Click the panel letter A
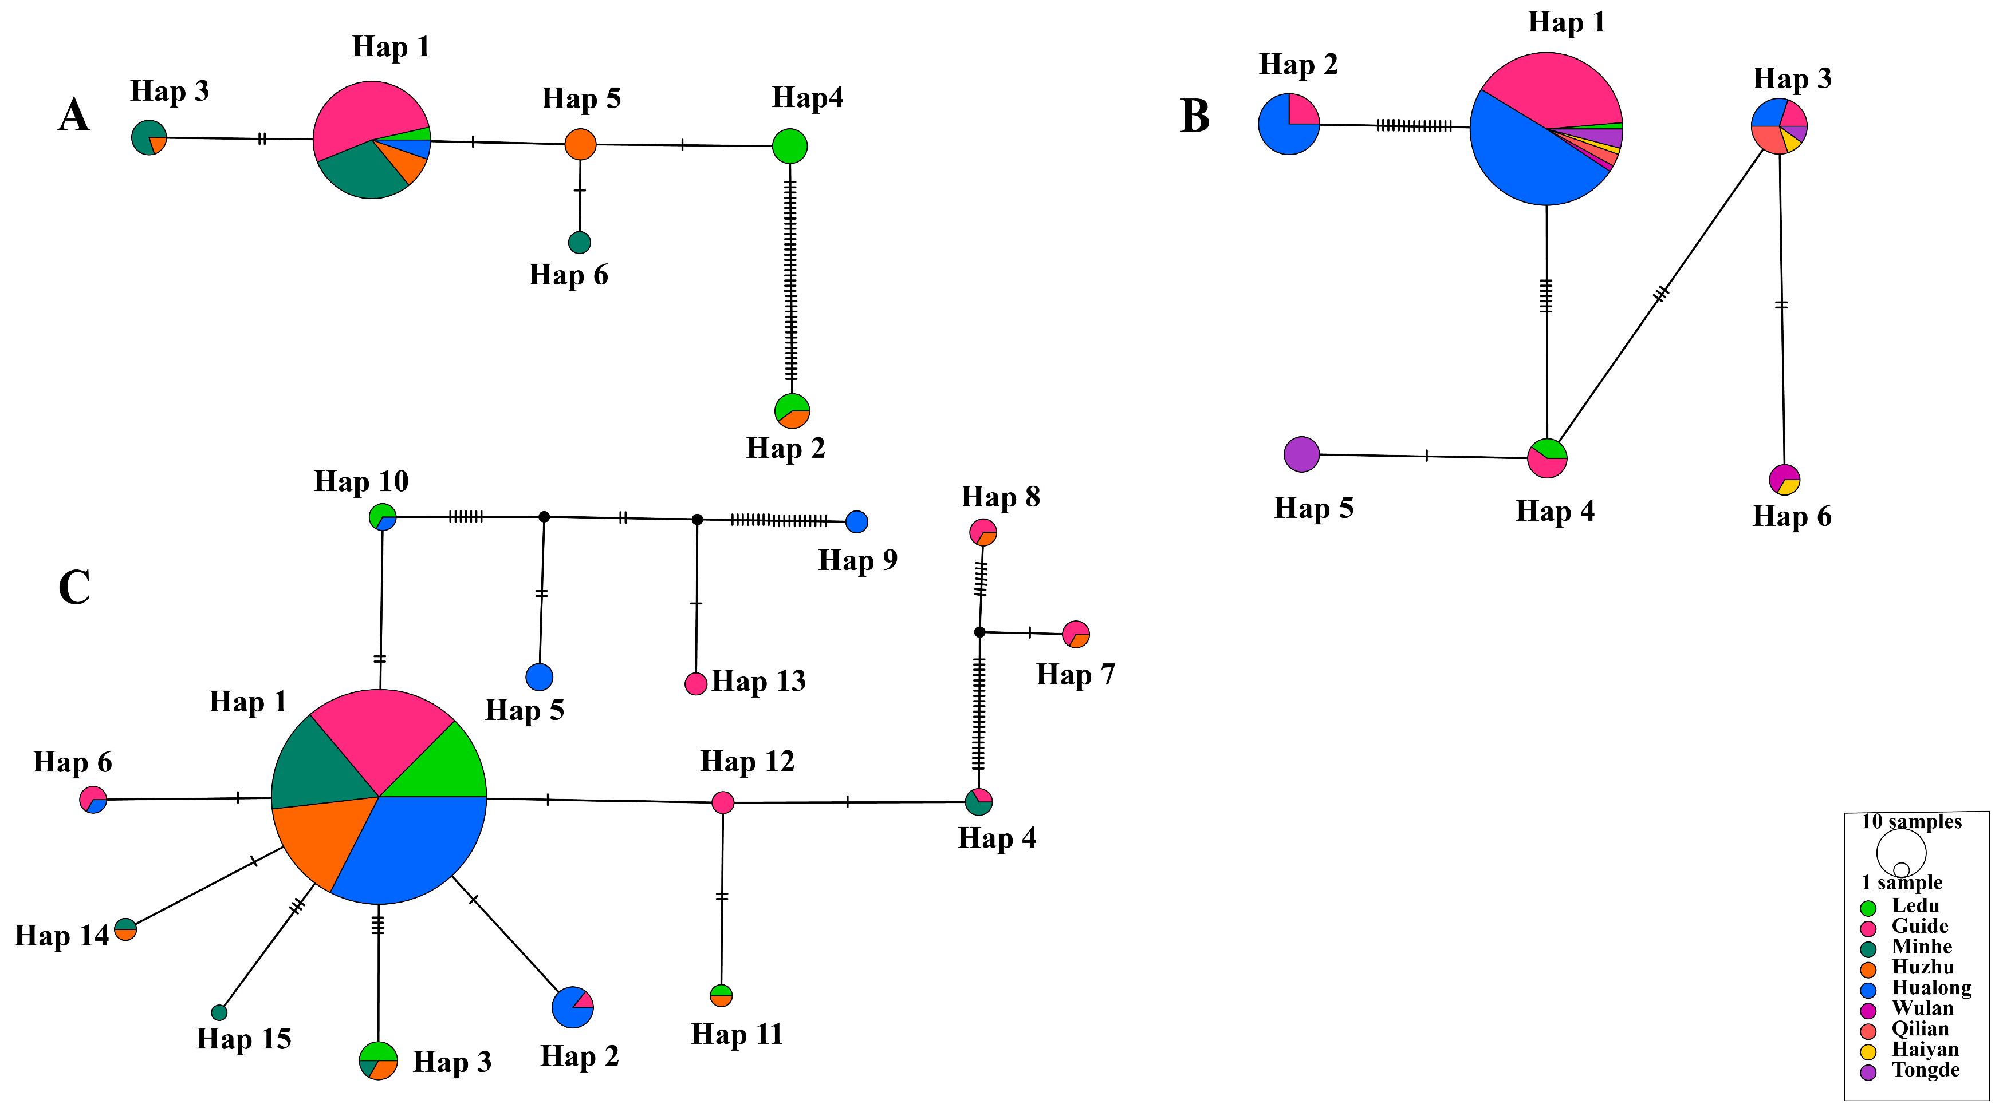[74, 116]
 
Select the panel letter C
[74, 588]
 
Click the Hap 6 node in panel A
[579, 243]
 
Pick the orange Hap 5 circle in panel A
[580, 144]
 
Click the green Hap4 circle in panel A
[789, 146]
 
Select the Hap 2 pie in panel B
[1288, 124]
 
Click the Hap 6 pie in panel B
[1784, 480]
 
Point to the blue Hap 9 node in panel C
[856, 521]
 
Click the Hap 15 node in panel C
[219, 1012]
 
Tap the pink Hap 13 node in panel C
[695, 684]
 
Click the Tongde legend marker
[1868, 1073]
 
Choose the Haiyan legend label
[1925, 1049]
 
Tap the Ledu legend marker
[1868, 908]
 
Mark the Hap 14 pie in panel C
[125, 929]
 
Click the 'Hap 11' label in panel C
[737, 1034]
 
